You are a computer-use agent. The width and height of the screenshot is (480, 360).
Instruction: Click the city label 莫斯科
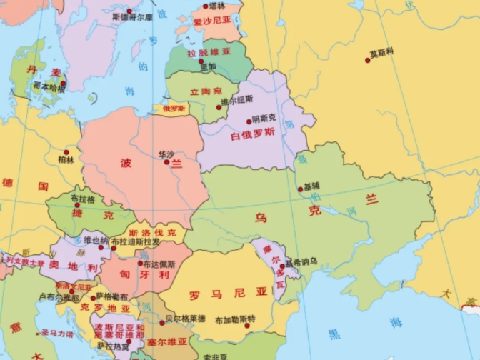tap(382, 52)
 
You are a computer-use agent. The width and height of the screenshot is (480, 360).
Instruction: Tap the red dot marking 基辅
tap(300, 189)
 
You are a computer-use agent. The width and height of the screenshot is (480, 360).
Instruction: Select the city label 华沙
tap(166, 154)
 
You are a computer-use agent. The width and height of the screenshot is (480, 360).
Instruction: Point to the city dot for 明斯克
tap(249, 121)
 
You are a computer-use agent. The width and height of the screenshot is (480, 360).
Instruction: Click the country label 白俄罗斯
tap(252, 134)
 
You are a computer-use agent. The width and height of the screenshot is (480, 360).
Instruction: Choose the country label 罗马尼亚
tap(229, 292)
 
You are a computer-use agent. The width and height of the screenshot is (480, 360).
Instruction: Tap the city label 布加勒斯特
tap(235, 319)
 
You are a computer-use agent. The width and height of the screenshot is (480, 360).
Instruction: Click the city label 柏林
tap(66, 161)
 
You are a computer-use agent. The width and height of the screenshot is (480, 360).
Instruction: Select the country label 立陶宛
tap(206, 91)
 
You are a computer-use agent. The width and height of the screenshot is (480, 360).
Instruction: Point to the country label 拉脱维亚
tap(209, 52)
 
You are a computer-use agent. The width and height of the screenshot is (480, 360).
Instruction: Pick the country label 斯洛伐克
tap(156, 233)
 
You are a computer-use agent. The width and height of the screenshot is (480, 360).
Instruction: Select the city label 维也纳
tap(96, 240)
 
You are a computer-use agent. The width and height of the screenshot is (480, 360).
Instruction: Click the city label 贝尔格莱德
tap(185, 318)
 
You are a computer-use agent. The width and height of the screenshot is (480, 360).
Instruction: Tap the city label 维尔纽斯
tap(236, 99)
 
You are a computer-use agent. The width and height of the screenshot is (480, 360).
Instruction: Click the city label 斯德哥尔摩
tap(130, 17)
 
